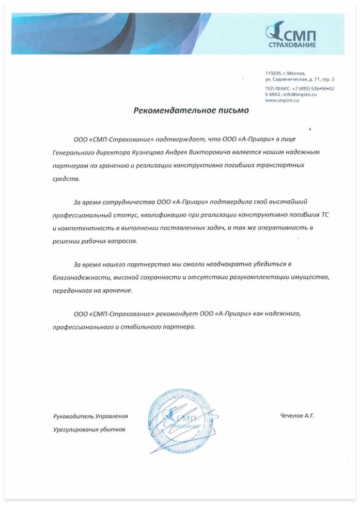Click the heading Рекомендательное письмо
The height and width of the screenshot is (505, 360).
(191, 110)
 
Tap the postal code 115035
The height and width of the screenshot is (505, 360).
(273, 73)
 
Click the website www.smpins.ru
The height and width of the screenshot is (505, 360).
(282, 100)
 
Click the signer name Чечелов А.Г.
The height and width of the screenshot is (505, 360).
(297, 415)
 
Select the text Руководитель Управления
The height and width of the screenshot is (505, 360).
(90, 416)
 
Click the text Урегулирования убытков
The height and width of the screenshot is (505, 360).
(89, 429)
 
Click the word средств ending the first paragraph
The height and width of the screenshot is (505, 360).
(66, 179)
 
